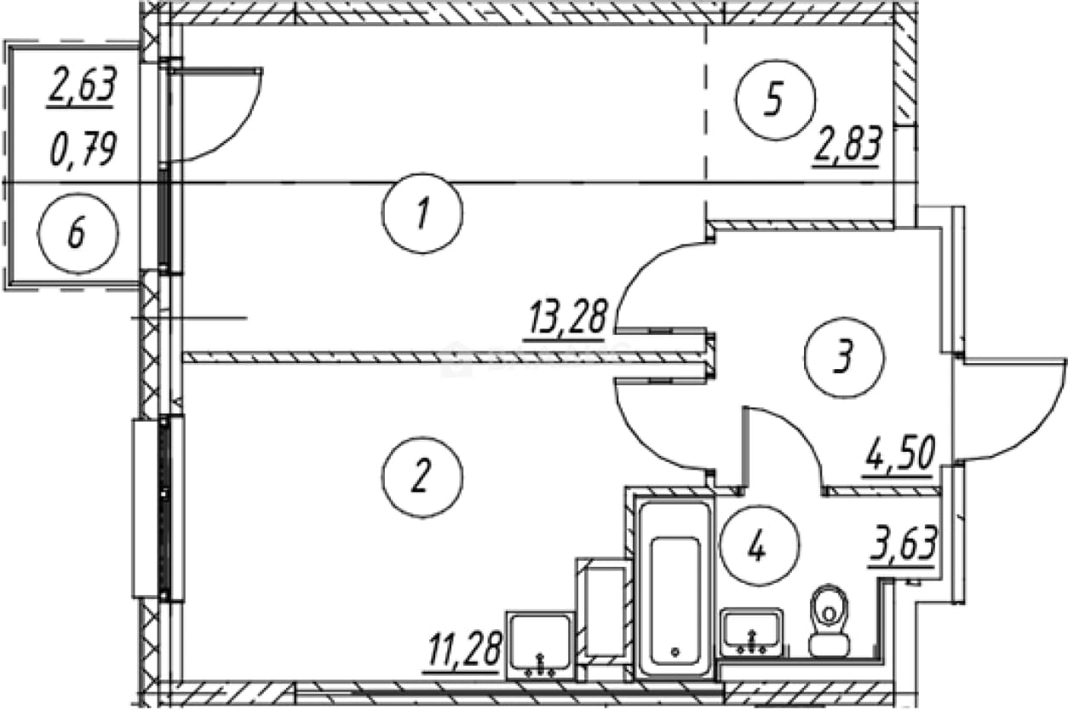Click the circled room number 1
click(x=422, y=213)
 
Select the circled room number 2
click(x=422, y=476)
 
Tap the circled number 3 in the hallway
click(x=844, y=357)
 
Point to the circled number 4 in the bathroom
click(x=760, y=545)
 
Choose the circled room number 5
click(x=775, y=100)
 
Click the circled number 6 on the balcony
click(x=78, y=234)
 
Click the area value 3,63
click(x=903, y=545)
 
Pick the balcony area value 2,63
click(x=82, y=87)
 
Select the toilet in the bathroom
click(x=830, y=621)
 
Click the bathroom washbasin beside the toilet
click(x=752, y=632)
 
